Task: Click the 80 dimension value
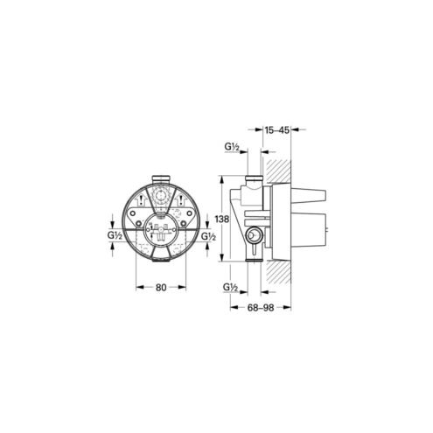point(161,288)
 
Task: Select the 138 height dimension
point(222,219)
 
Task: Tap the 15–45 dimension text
point(276,130)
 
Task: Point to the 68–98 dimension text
point(261,308)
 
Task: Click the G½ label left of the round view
point(115,235)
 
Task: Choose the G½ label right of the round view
point(208,236)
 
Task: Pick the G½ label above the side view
point(232,148)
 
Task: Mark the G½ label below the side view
point(230,288)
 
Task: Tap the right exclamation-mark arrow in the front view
point(181,199)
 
